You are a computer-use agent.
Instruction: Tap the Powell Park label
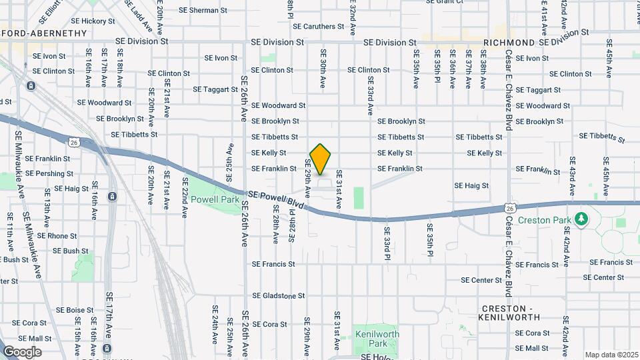pos(215,199)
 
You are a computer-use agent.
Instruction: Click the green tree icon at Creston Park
pos(581,219)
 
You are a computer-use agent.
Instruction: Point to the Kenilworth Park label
pos(377,338)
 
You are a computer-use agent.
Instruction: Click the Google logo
pos(21,352)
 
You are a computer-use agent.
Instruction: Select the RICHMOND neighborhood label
pos(509,43)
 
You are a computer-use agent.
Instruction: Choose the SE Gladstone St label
pos(278,295)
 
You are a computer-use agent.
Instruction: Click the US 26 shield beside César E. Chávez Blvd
pos(509,209)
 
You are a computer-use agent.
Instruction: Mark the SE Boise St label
pos(75,310)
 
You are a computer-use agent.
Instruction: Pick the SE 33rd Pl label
pos(386,244)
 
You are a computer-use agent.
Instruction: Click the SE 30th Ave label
pos(323,69)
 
